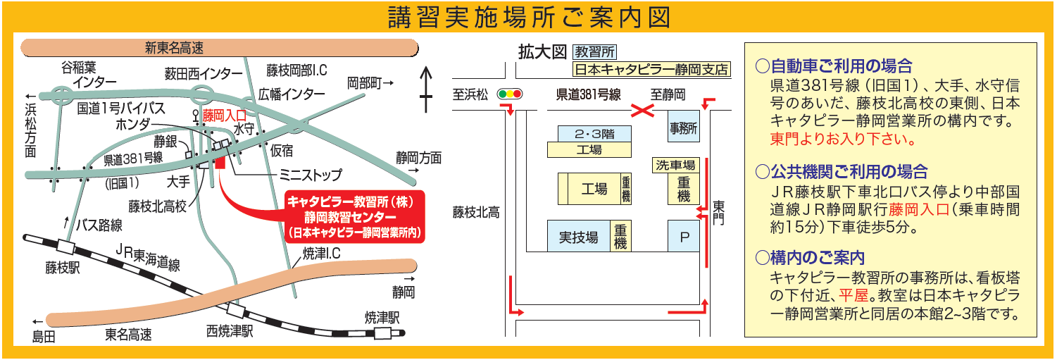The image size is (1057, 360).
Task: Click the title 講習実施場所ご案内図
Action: coord(529,18)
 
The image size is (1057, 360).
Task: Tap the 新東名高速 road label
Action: coord(174,49)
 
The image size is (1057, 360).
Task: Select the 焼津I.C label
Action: coord(322,252)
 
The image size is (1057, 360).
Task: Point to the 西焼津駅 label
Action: coord(230,331)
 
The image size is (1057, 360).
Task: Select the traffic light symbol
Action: coord(510,94)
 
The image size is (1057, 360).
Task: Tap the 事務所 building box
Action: coord(683,128)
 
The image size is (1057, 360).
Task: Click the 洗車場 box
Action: coord(675,166)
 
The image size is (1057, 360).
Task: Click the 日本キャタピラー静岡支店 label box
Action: coord(651,70)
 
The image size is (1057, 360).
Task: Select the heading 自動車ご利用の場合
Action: coord(834,66)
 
